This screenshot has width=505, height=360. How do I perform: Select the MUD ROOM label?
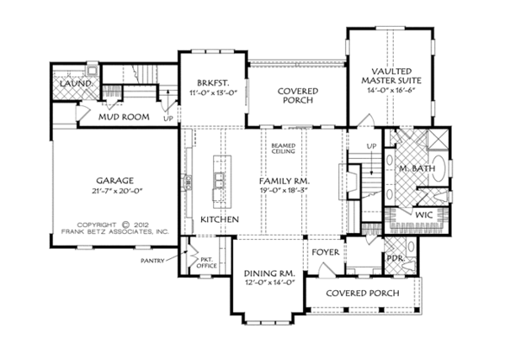(118, 118)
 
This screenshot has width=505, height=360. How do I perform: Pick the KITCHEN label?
(220, 220)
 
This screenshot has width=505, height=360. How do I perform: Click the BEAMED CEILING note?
(283, 149)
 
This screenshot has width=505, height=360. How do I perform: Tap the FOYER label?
(325, 251)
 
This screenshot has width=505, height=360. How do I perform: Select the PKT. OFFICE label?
(206, 262)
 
